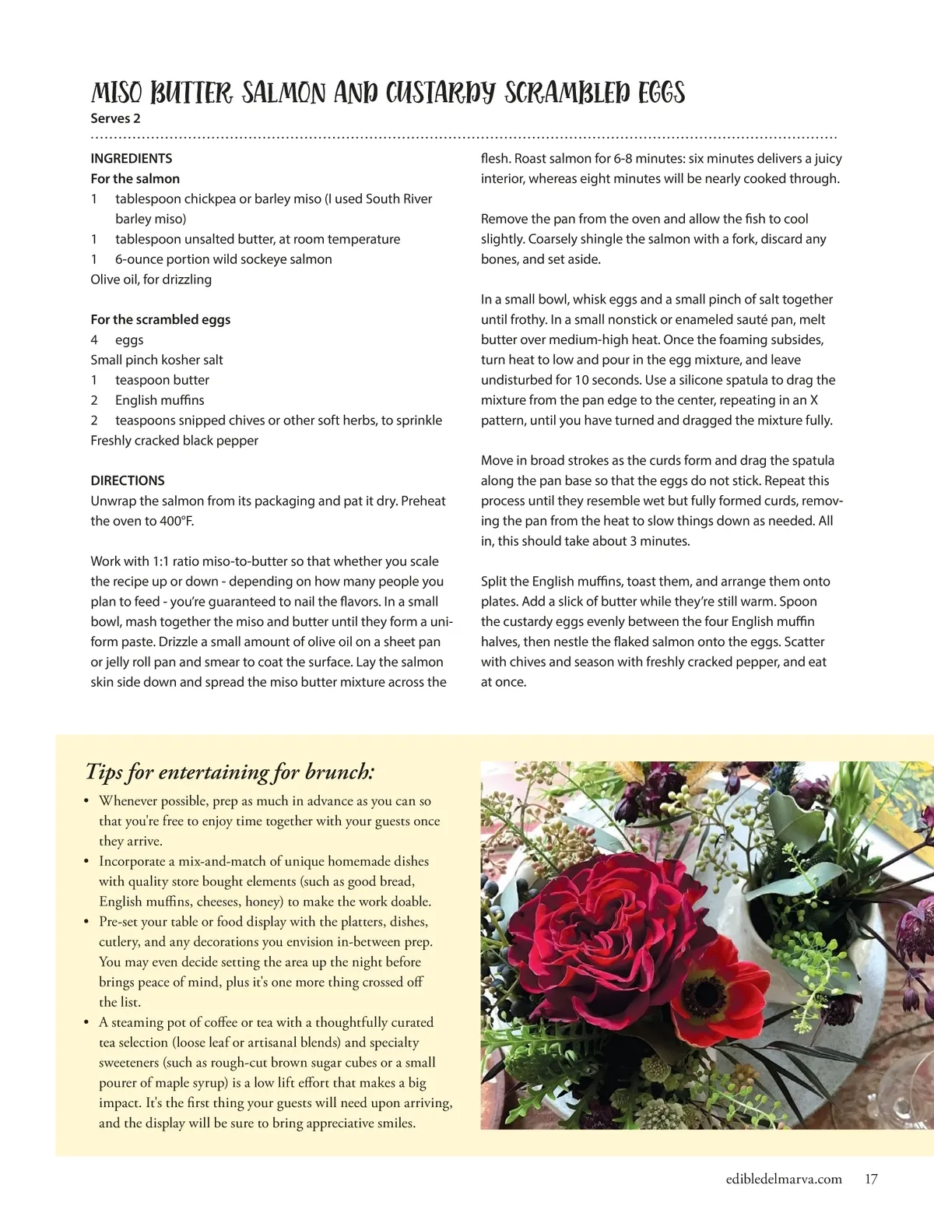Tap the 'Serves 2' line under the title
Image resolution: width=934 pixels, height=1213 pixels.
[x=115, y=118]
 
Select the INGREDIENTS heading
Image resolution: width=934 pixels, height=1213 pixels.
[x=132, y=158]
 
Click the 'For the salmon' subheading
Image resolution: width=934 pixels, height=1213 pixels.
[x=135, y=178]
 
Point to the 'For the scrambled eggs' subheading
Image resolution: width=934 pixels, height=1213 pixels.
[x=160, y=319]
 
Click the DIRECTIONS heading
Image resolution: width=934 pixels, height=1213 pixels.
[x=128, y=480]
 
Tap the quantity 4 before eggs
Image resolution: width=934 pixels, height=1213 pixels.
[x=94, y=339]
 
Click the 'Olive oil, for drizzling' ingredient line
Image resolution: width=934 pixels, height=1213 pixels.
[x=151, y=279]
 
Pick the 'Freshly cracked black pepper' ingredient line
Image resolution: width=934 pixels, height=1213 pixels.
[x=174, y=440]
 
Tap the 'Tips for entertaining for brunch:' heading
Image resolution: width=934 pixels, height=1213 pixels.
[x=230, y=772]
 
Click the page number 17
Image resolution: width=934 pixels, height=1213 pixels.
[x=871, y=1179]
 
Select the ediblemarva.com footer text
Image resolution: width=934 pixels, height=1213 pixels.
[x=784, y=1179]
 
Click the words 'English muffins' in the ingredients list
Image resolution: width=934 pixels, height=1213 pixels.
[x=160, y=399]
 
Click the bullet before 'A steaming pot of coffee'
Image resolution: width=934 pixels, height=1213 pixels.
[x=87, y=1022]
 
